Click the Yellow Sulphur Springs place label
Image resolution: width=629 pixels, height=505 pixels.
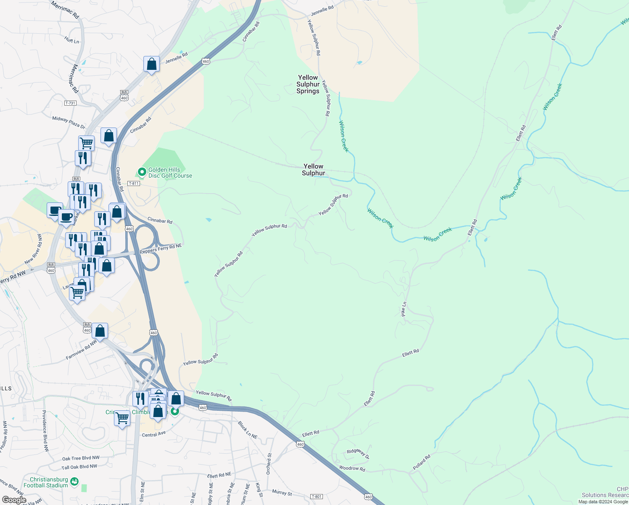click(x=308, y=84)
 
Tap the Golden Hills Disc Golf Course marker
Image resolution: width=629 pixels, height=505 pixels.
click(x=142, y=172)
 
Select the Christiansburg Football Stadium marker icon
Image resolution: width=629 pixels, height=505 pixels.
click(x=74, y=481)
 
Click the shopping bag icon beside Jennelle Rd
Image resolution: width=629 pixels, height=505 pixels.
click(x=151, y=64)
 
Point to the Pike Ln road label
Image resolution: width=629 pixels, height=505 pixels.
click(x=404, y=309)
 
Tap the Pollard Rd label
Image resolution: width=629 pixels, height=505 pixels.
click(x=421, y=462)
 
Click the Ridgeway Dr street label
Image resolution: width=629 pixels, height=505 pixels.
click(x=358, y=453)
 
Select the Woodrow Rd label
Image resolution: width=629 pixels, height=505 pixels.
click(x=352, y=468)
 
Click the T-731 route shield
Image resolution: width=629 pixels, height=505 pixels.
click(x=70, y=103)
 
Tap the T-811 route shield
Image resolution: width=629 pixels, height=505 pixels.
click(x=134, y=183)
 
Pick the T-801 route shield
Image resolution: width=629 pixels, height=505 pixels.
click(x=316, y=497)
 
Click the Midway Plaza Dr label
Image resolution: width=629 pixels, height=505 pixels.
click(x=69, y=122)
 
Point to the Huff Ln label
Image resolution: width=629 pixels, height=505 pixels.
click(x=72, y=40)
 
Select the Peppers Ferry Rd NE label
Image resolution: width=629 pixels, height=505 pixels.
click(x=161, y=248)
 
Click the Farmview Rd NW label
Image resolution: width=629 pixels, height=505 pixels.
click(x=81, y=350)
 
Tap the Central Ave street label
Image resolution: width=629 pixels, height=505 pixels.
click(x=154, y=434)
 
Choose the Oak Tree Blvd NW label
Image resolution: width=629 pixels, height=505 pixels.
click(x=81, y=458)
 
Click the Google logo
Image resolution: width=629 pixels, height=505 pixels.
click(x=14, y=500)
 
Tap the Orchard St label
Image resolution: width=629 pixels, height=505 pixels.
click(x=269, y=463)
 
